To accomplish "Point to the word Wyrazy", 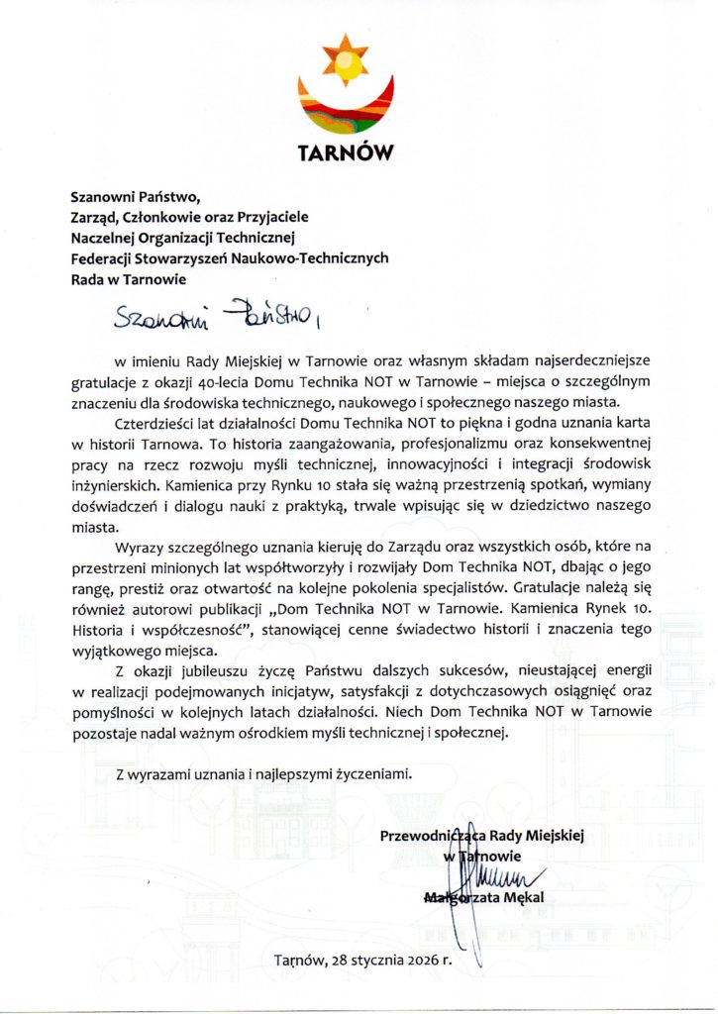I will pos(143,548).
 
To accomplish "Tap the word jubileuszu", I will pos(218,675).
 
